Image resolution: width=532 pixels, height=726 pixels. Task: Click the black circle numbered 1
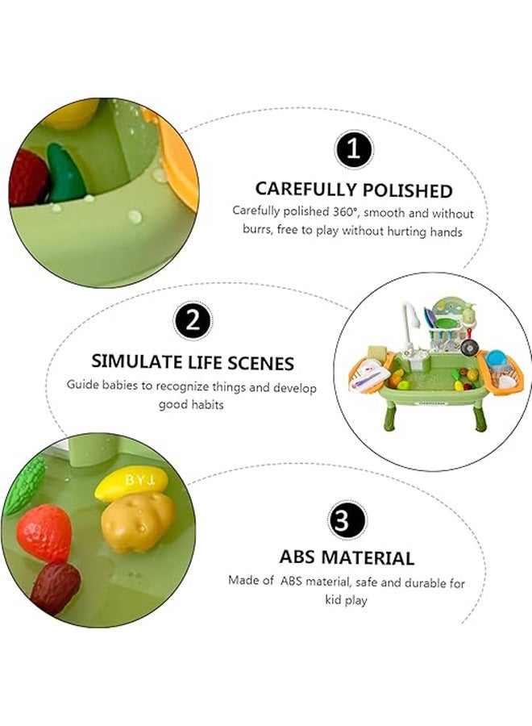pyautogui.click(x=352, y=151)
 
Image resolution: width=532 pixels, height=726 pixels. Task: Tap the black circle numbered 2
pyautogui.click(x=193, y=322)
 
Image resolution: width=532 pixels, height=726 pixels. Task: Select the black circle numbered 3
pyautogui.click(x=347, y=519)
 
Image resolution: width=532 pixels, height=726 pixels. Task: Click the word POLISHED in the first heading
pyautogui.click(x=408, y=190)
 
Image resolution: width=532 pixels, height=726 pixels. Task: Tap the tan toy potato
pyautogui.click(x=139, y=522)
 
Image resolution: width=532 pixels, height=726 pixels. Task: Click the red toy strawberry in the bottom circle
pyautogui.click(x=44, y=533)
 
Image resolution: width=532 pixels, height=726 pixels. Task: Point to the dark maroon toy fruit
pyautogui.click(x=56, y=587)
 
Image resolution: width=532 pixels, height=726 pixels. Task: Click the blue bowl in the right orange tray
pyautogui.click(x=496, y=357)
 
